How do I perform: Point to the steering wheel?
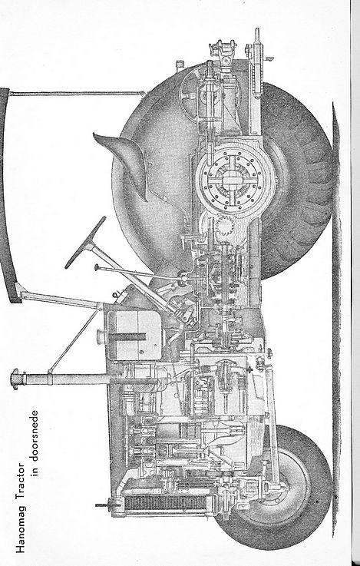click(x=85, y=242)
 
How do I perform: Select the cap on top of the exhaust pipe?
click(x=17, y=379)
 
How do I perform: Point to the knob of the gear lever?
click(x=97, y=267)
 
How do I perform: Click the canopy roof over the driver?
click(x=8, y=195)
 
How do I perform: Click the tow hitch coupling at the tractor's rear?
click(x=223, y=51)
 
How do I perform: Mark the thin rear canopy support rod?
click(x=77, y=94)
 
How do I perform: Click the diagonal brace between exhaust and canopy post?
click(x=73, y=340)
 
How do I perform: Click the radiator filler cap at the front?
click(x=103, y=505)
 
